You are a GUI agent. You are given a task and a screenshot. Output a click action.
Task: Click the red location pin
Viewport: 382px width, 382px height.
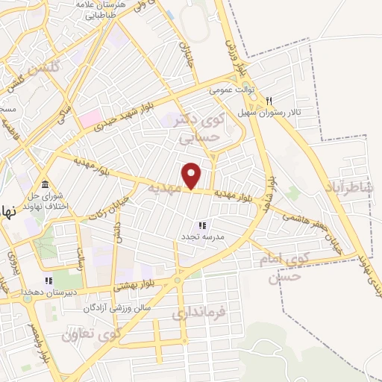click(x=192, y=175)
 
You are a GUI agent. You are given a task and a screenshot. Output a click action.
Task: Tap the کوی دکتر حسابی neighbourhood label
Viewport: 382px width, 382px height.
click(x=202, y=127)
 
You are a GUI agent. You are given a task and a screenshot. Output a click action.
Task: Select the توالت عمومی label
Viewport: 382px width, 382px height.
click(x=232, y=90)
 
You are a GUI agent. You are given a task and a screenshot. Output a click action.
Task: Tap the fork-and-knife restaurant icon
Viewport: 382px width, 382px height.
click(x=269, y=101)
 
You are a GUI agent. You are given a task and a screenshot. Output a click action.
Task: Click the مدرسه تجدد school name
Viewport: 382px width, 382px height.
click(x=198, y=237)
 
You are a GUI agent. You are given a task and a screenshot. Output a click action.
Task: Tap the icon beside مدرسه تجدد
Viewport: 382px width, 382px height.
click(x=201, y=225)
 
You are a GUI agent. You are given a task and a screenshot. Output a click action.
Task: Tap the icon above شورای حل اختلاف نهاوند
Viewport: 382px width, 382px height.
click(x=46, y=184)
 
